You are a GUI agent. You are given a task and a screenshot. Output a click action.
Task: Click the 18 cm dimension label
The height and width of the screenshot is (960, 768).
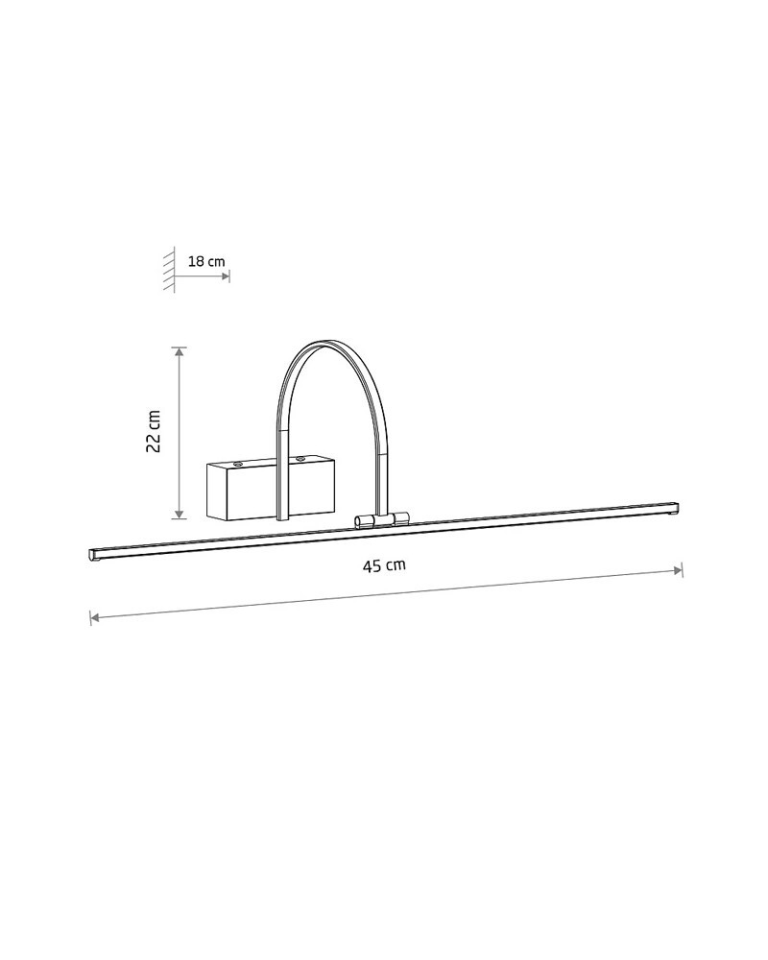click(x=206, y=261)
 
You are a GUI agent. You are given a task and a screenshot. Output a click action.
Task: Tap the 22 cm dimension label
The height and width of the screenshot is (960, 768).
click(x=153, y=431)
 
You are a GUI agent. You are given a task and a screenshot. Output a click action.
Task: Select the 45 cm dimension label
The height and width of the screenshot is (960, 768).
click(x=384, y=565)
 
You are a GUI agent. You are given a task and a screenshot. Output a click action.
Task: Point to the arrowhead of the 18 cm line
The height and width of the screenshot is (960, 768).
click(x=226, y=276)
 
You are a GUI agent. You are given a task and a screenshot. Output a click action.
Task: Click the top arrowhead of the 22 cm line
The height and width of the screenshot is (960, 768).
click(x=179, y=351)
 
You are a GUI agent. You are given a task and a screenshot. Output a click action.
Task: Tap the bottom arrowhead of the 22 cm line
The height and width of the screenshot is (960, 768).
click(x=179, y=515)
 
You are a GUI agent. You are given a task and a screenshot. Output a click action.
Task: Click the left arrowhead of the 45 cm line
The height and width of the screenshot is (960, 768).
click(x=95, y=617)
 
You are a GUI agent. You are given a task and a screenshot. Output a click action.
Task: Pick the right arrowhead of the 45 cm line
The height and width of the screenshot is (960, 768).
click(x=678, y=570)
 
